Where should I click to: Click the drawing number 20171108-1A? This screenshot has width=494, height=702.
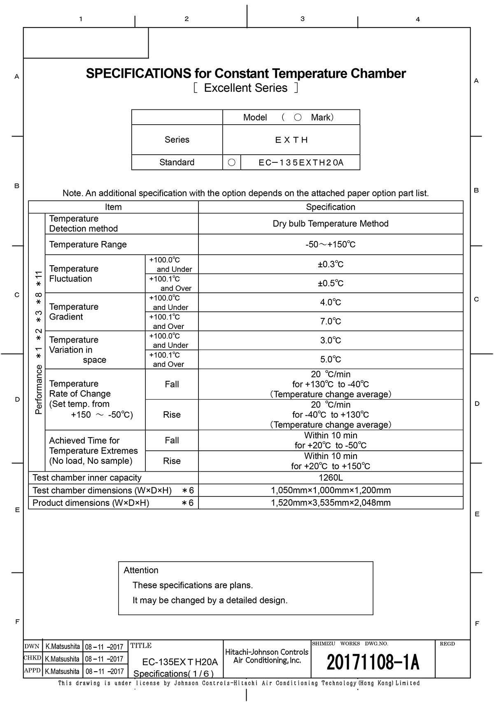373,663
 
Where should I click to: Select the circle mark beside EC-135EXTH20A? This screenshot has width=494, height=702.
231,162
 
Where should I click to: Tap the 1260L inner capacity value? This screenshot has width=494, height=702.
331,477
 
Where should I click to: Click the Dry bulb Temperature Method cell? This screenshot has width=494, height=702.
331,224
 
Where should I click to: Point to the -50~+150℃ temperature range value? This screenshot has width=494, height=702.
331,245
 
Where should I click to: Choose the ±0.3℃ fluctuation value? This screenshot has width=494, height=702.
331,264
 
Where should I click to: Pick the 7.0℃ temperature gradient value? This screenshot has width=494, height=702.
331,321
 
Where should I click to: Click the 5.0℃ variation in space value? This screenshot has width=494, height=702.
331,359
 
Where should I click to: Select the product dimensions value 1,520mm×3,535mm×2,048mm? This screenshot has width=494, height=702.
331,503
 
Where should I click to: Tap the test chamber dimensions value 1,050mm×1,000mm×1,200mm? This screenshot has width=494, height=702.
331,490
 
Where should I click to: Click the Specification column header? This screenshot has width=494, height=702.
331,207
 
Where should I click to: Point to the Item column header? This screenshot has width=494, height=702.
113,207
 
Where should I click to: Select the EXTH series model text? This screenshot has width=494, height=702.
291,140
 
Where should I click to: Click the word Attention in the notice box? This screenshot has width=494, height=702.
141,570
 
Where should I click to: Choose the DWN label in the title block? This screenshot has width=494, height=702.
32,646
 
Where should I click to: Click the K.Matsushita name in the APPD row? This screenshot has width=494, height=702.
63,672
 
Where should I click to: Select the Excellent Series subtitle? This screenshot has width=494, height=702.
246,88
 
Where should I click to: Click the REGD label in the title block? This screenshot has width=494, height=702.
447,644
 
